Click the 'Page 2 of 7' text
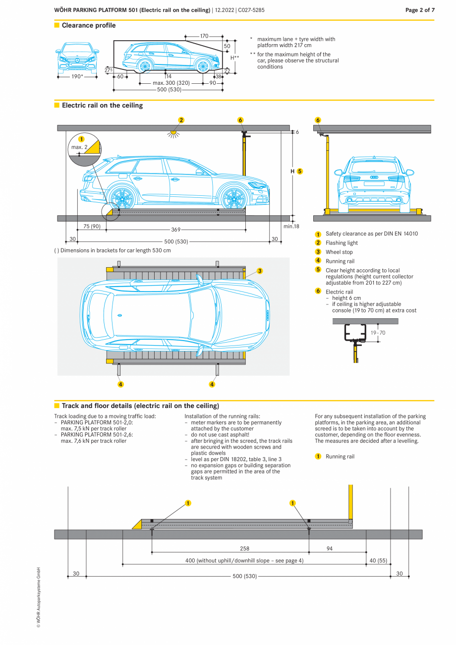pos(419,10)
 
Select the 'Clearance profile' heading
pos(89,25)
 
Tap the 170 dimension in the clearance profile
pos(204,36)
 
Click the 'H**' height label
pos(234,58)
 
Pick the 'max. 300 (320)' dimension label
pos(171,83)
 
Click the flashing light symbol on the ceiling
pos(173,133)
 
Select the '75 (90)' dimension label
pos(92,226)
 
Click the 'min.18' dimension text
pos(291,226)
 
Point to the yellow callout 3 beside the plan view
pos(260,271)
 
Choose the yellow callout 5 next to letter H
pos(300,171)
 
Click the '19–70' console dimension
pos(378,333)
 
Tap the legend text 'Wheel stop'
pos(339,252)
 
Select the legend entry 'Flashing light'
pos(342,243)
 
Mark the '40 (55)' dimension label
pos(378,561)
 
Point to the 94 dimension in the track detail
pos(330,549)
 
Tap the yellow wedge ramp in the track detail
pos(137,525)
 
